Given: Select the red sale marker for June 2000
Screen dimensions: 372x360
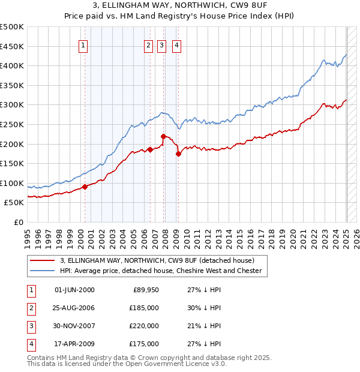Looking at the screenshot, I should pos(85,187).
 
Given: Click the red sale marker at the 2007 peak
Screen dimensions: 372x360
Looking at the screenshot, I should pos(164,137).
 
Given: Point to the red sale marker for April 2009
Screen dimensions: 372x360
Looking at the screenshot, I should pos(178,154).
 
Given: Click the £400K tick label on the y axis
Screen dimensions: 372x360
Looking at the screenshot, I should pos(13,66).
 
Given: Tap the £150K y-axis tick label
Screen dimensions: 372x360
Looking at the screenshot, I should pos(13,163).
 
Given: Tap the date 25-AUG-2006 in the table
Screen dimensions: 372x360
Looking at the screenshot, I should pos(74,307).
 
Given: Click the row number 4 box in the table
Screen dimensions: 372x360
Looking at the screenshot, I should pos(31,344).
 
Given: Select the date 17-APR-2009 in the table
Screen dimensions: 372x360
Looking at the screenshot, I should pos(74,344).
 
